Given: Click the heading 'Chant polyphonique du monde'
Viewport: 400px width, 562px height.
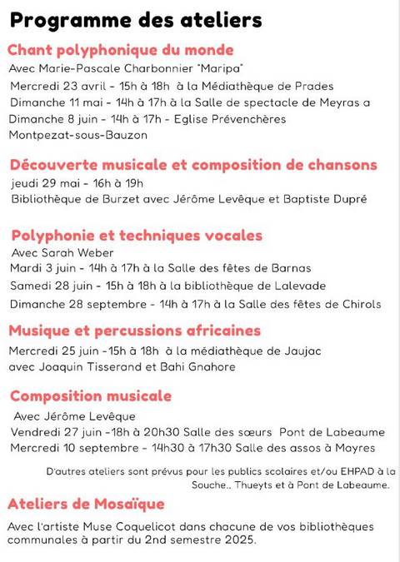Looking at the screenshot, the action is [121, 50].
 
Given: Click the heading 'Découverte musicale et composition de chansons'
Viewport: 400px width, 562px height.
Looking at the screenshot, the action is [192, 164].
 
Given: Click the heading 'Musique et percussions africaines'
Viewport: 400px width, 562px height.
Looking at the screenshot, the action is [135, 331].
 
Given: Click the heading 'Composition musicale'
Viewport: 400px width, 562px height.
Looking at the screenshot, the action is [91, 395].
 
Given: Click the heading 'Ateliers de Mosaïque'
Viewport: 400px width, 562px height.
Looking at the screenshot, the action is [86, 504].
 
